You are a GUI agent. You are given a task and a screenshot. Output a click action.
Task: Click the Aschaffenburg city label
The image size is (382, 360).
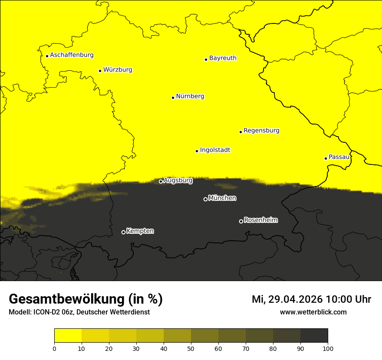coord(72,55)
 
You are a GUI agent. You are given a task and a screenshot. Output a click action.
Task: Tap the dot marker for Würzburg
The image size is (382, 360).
coord(100,71)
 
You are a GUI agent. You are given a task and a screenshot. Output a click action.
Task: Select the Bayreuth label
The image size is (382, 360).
coord(223,58)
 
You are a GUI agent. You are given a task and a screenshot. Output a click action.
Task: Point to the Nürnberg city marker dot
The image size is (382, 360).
coord(173,98)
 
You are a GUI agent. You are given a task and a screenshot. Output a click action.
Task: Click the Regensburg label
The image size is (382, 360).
coord(261,130)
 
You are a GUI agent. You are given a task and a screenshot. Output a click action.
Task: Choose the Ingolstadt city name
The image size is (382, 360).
coord(215,150)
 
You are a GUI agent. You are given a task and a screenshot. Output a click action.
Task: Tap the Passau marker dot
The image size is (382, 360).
coord(326,158)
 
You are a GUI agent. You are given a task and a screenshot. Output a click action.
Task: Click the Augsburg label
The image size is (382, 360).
coord(178,180)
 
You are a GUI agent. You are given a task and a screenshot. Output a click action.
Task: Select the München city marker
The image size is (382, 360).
coord(205,200)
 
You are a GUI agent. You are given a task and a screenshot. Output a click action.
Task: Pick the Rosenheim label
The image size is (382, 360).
coord(260,220)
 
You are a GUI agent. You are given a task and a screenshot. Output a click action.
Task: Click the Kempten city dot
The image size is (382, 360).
coord(123,232)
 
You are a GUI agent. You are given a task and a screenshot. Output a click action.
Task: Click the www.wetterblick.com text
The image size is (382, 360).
coord(313,312)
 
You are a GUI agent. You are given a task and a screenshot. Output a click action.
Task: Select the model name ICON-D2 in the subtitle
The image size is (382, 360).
coord(47,312)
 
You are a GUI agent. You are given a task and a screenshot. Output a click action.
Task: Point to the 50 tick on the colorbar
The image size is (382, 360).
coord(191,348)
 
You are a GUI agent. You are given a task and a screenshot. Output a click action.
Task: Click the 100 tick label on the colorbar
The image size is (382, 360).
coord(328,348)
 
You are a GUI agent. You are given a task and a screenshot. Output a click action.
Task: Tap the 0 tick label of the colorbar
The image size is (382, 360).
coord(54,348)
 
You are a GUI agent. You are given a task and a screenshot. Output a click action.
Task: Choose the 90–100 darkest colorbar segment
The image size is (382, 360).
coord(314,335)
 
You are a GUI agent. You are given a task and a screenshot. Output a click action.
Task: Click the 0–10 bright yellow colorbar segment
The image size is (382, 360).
coord(68,335)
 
